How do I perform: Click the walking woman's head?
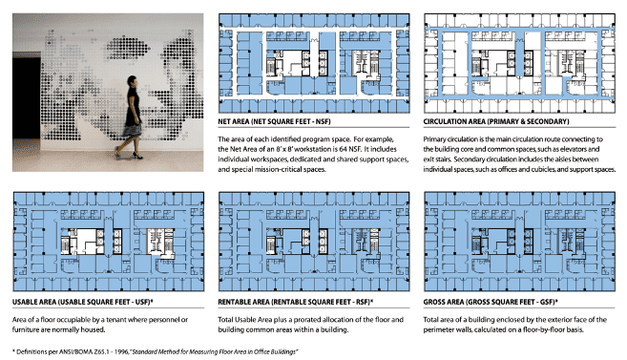(132, 81)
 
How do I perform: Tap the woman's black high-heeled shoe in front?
(137, 156)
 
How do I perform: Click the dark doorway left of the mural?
(27, 98)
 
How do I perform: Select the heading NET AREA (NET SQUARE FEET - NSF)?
(274, 121)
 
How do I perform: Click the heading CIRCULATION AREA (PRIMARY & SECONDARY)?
(496, 121)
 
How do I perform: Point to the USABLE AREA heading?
(83, 302)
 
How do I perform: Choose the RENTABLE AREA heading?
(296, 302)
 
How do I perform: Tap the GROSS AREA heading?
(491, 302)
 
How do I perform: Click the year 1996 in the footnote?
(121, 352)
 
